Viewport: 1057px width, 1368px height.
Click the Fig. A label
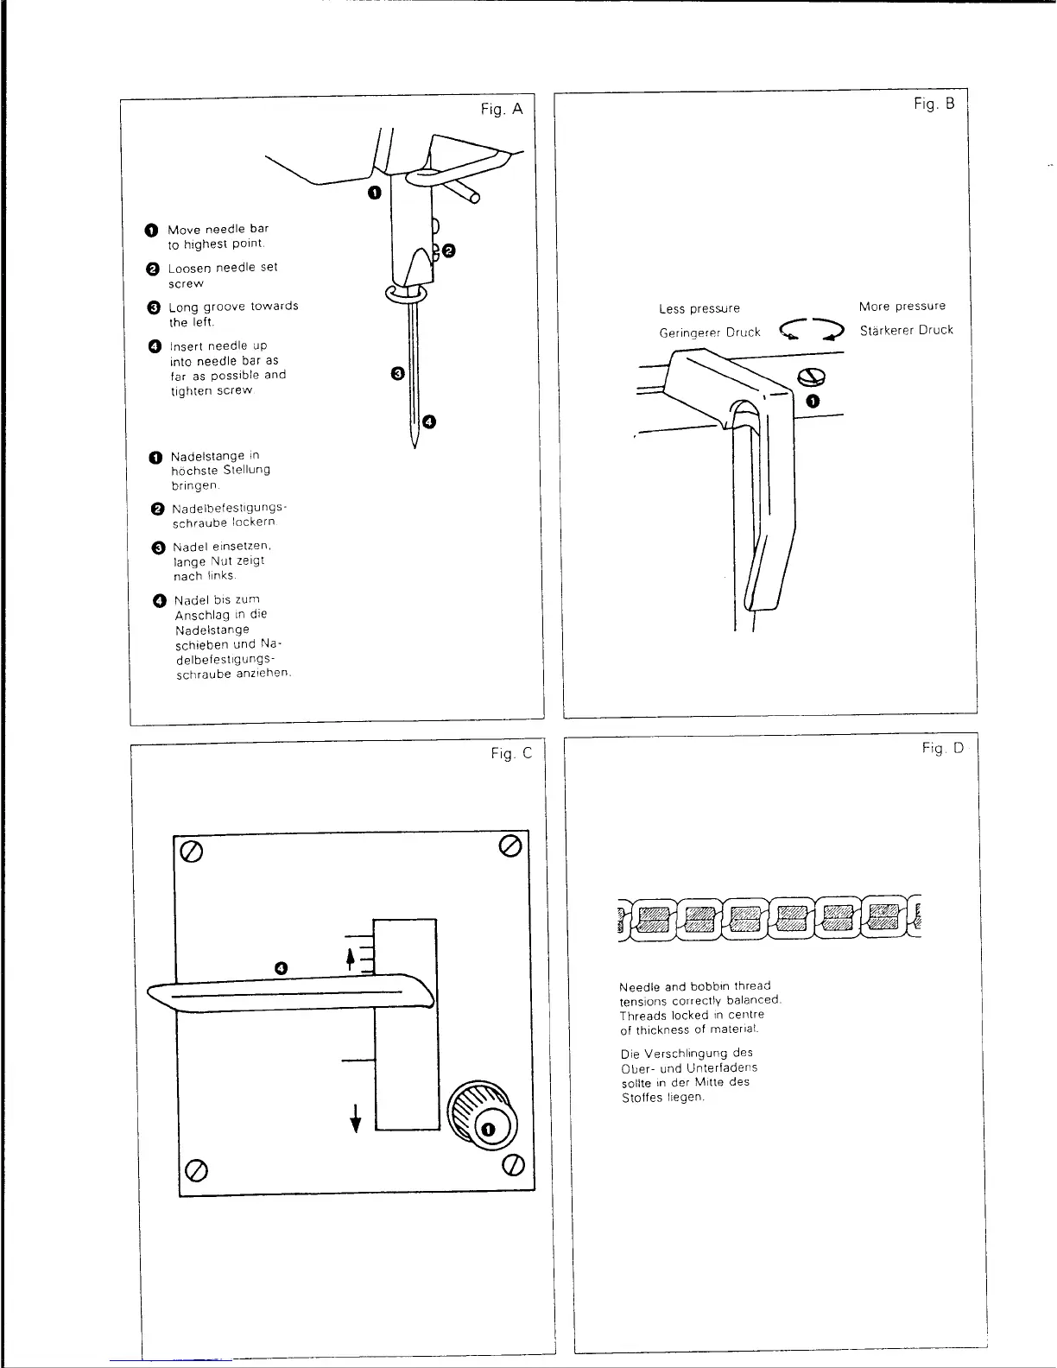(502, 109)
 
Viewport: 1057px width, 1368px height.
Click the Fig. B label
(934, 104)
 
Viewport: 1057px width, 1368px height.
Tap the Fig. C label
(511, 754)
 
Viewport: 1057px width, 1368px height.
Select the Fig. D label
(942, 748)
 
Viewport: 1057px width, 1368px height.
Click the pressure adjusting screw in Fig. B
(812, 377)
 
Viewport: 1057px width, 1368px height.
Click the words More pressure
(902, 306)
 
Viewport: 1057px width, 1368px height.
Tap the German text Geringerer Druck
(709, 332)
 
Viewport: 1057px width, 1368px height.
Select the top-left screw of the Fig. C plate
(192, 852)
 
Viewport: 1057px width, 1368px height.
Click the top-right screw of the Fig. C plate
(510, 845)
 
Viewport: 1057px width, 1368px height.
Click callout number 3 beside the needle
(397, 373)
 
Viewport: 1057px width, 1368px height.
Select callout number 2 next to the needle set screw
(449, 251)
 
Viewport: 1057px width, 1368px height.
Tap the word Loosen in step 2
(190, 268)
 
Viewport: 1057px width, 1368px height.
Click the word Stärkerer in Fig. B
(887, 330)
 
